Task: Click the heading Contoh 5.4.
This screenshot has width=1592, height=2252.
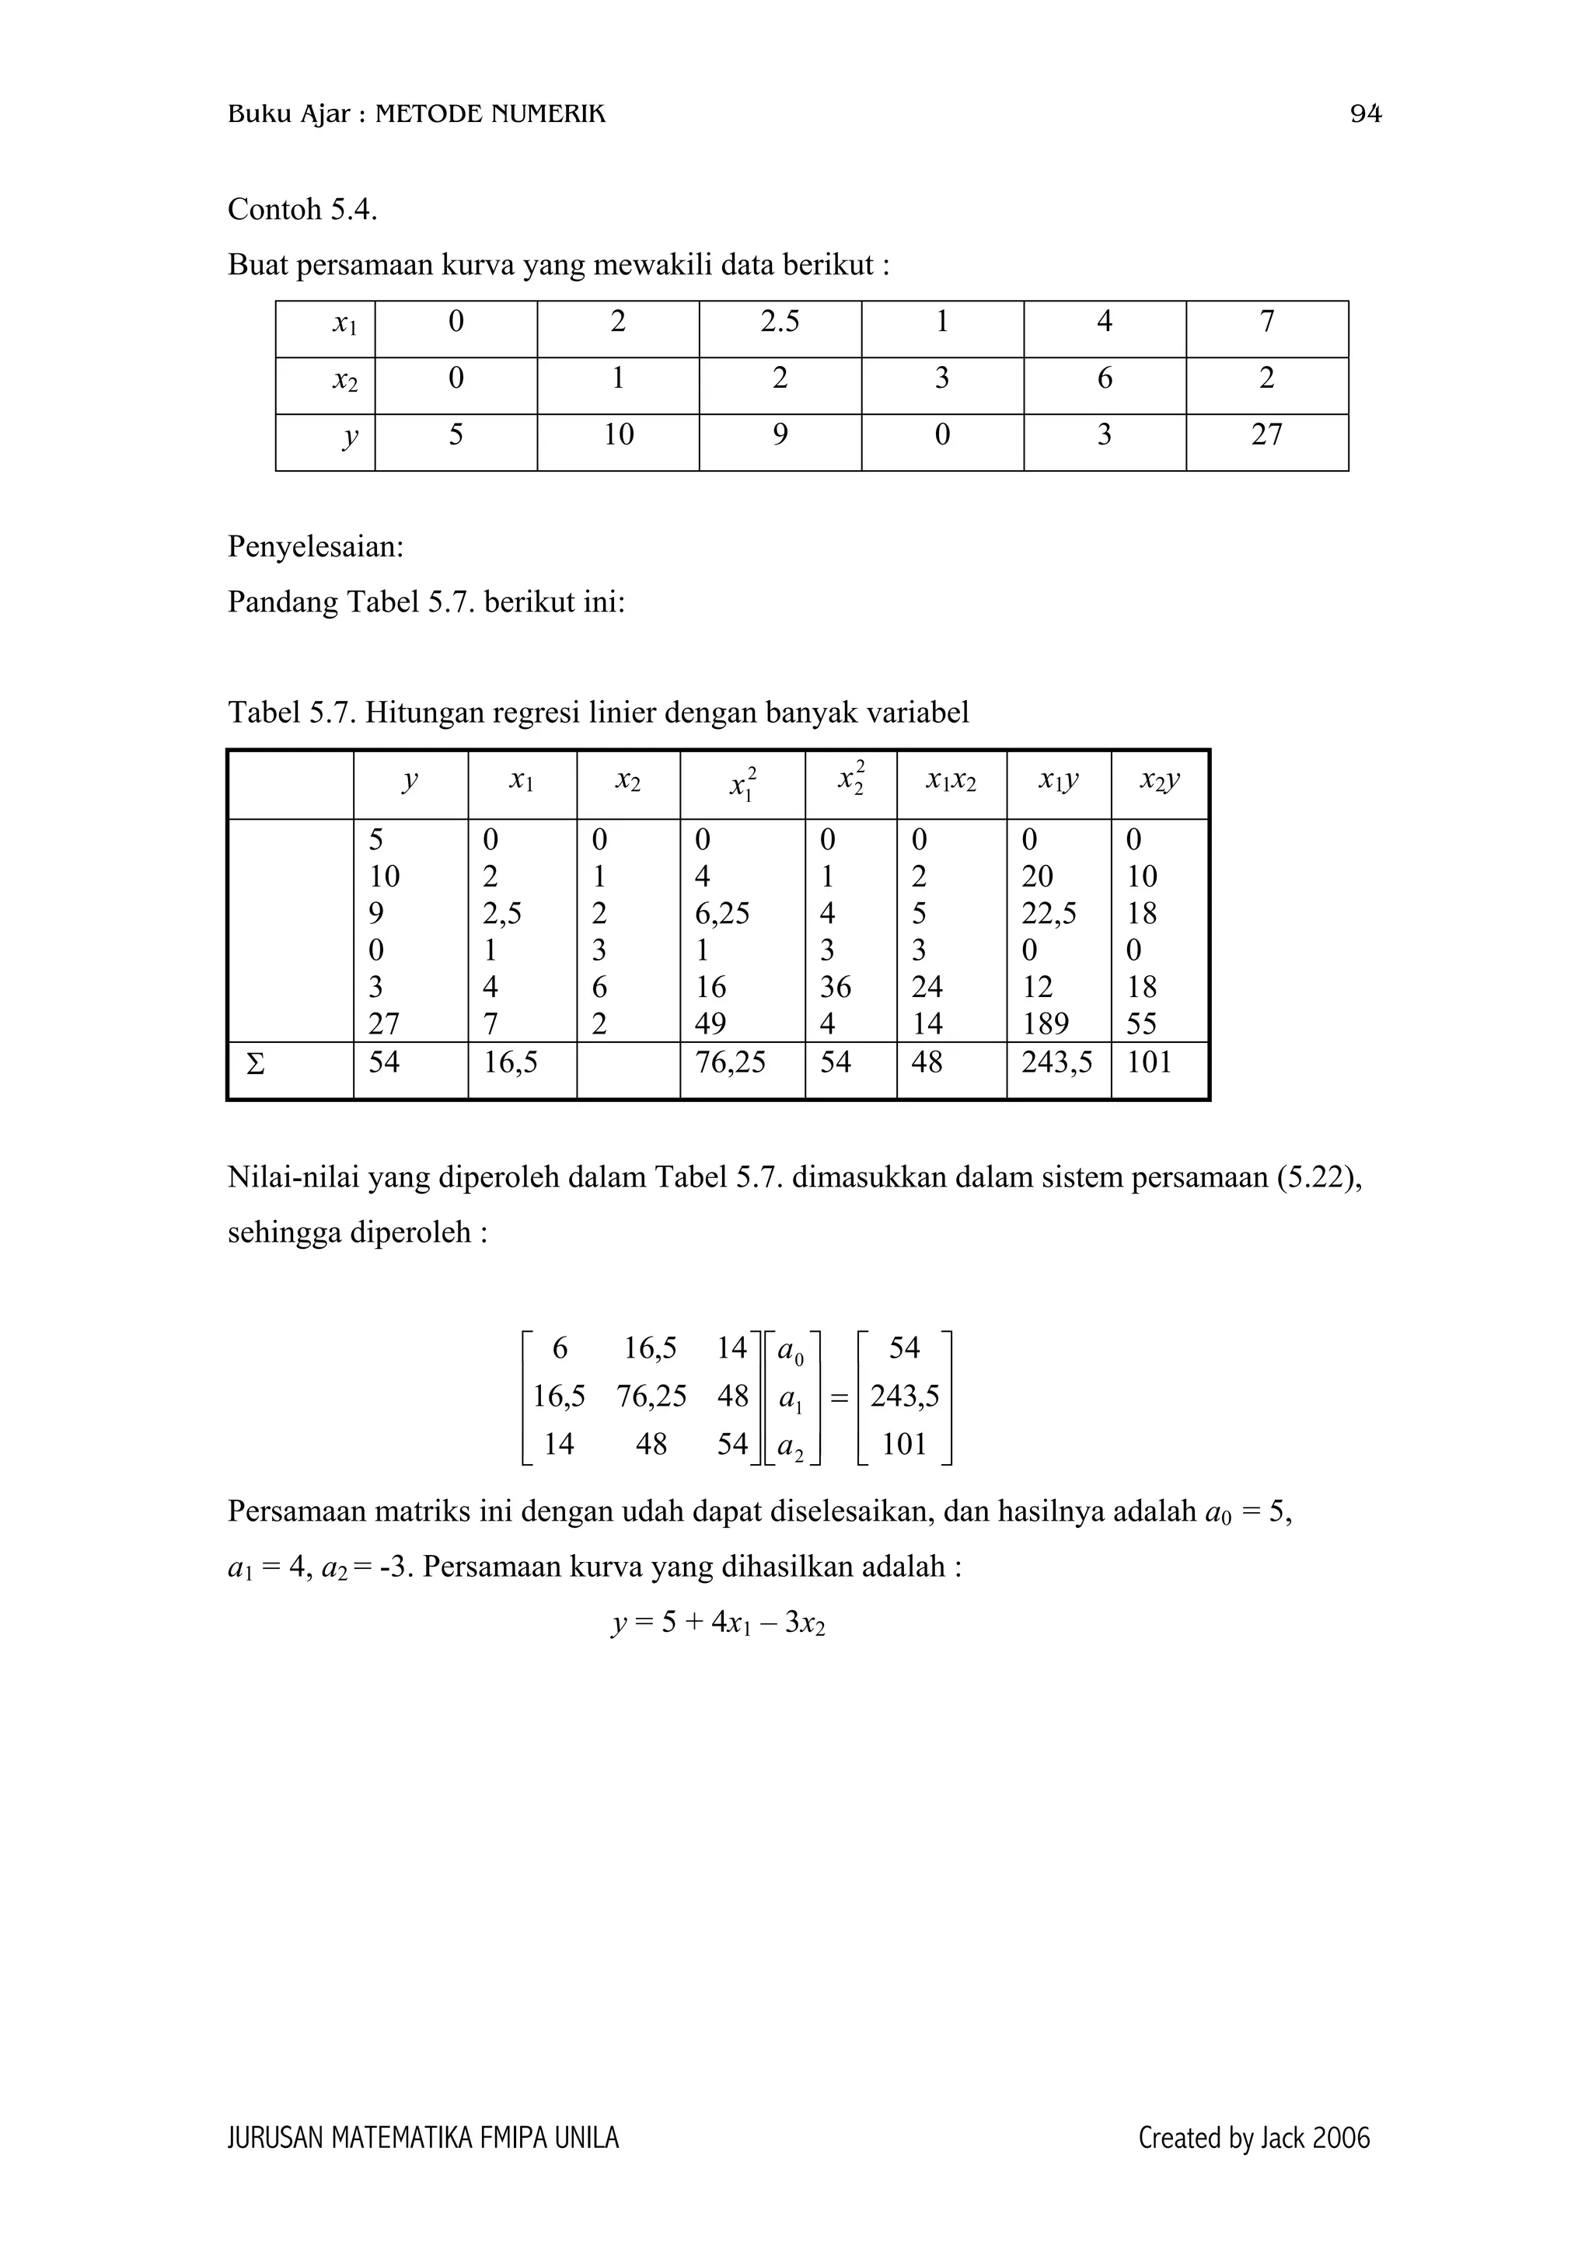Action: click(x=302, y=209)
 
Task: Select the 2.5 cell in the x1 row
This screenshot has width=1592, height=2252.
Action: click(x=780, y=322)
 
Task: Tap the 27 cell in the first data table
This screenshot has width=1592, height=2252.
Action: click(x=1266, y=434)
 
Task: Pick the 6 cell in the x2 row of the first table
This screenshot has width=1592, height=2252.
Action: click(x=1105, y=378)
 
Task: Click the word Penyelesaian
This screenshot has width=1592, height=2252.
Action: click(x=316, y=546)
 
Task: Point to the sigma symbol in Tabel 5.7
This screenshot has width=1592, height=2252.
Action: click(x=255, y=1063)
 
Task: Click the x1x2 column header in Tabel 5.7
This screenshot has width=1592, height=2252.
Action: click(x=951, y=782)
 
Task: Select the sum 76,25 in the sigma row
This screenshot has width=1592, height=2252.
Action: click(x=730, y=1062)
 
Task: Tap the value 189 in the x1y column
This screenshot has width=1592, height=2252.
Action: click(x=1045, y=1024)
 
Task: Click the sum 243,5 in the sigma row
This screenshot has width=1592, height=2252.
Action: click(x=1056, y=1062)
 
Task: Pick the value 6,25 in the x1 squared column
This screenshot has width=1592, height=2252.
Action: click(x=722, y=913)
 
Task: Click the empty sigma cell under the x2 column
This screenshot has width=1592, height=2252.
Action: click(x=628, y=1069)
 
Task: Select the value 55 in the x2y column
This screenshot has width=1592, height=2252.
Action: click(x=1142, y=1024)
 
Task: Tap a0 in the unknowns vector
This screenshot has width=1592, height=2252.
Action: click(x=790, y=1351)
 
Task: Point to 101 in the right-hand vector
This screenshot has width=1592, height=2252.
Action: click(x=903, y=1444)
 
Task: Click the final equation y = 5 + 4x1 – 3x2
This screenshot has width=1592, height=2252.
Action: click(x=718, y=1623)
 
